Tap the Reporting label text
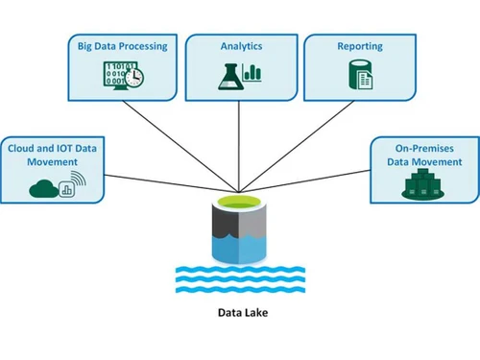click(361, 45)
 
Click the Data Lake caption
click(241, 312)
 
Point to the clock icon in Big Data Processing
click(135, 77)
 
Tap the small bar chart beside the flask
click(253, 72)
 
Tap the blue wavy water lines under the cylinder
click(241, 278)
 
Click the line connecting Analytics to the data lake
click(240, 144)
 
